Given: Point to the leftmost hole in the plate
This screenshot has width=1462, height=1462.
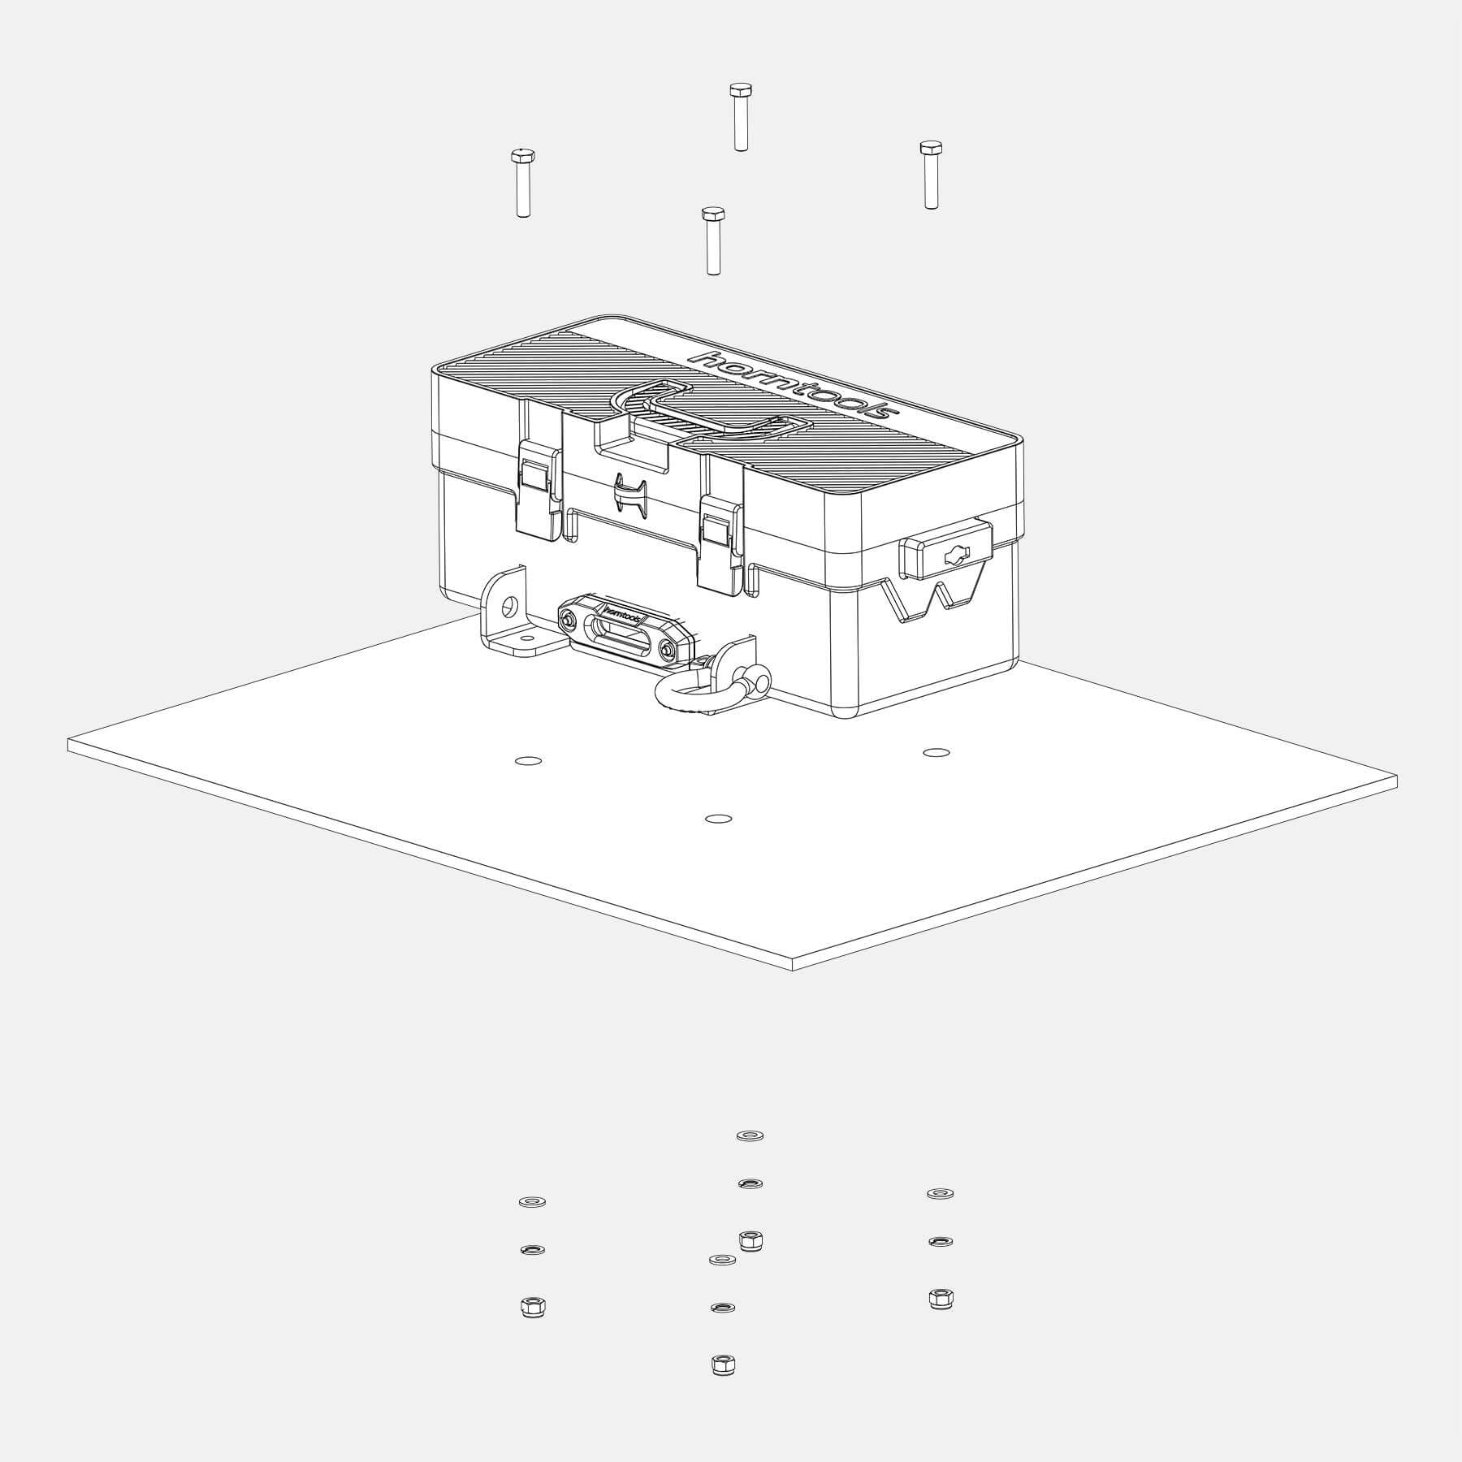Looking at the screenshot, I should point(529,761).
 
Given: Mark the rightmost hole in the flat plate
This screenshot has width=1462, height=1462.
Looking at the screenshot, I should point(936,753).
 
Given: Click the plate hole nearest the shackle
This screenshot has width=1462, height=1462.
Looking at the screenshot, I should point(718,819).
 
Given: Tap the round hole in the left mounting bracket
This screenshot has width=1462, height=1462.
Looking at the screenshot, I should point(509,605).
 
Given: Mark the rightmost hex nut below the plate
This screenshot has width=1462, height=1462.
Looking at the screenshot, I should point(941,1299).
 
